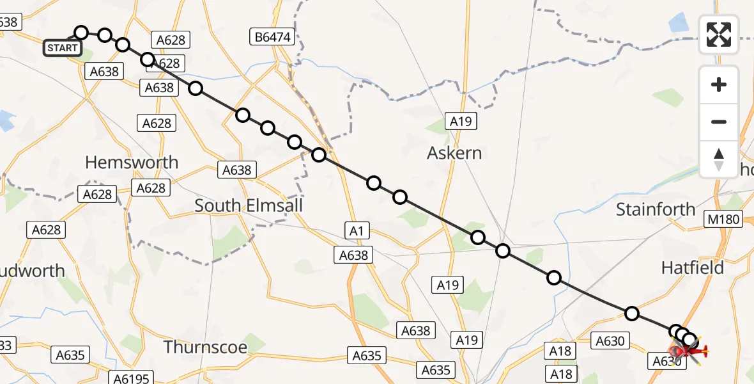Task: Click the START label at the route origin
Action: coord(63,47)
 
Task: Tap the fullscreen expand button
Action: coord(719,35)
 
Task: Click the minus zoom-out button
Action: coord(719,122)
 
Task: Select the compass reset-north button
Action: coord(719,159)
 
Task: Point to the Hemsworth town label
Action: coord(132,163)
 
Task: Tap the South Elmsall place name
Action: coord(249,205)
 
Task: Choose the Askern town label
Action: coord(454,154)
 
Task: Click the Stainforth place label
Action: coord(656,209)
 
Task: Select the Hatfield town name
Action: coord(693,268)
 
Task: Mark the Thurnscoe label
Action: coord(205,347)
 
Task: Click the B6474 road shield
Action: coord(272,37)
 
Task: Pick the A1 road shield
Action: coord(357,230)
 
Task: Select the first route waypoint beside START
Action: coord(81,33)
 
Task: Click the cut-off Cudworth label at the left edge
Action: coord(32,271)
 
